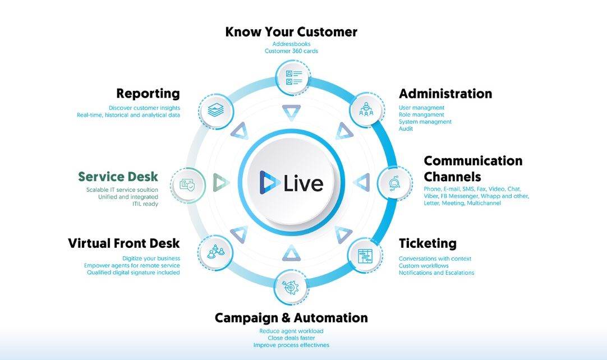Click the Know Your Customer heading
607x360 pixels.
[291, 32]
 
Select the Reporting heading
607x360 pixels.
[148, 94]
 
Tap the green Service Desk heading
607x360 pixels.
[118, 177]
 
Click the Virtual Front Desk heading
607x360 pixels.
[124, 243]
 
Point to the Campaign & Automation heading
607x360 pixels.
[291, 318]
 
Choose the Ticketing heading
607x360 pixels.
[427, 243]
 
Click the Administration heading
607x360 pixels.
[445, 94]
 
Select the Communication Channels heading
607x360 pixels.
[473, 169]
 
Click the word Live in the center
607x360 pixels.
[303, 183]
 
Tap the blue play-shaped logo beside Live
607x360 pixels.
[269, 182]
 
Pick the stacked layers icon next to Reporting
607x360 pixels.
[215, 110]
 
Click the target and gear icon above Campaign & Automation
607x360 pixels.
[291, 286]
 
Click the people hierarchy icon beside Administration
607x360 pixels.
[366, 109]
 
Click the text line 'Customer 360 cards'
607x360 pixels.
[291, 51]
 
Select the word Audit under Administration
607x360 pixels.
[406, 129]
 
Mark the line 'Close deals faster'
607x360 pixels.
[291, 338]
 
